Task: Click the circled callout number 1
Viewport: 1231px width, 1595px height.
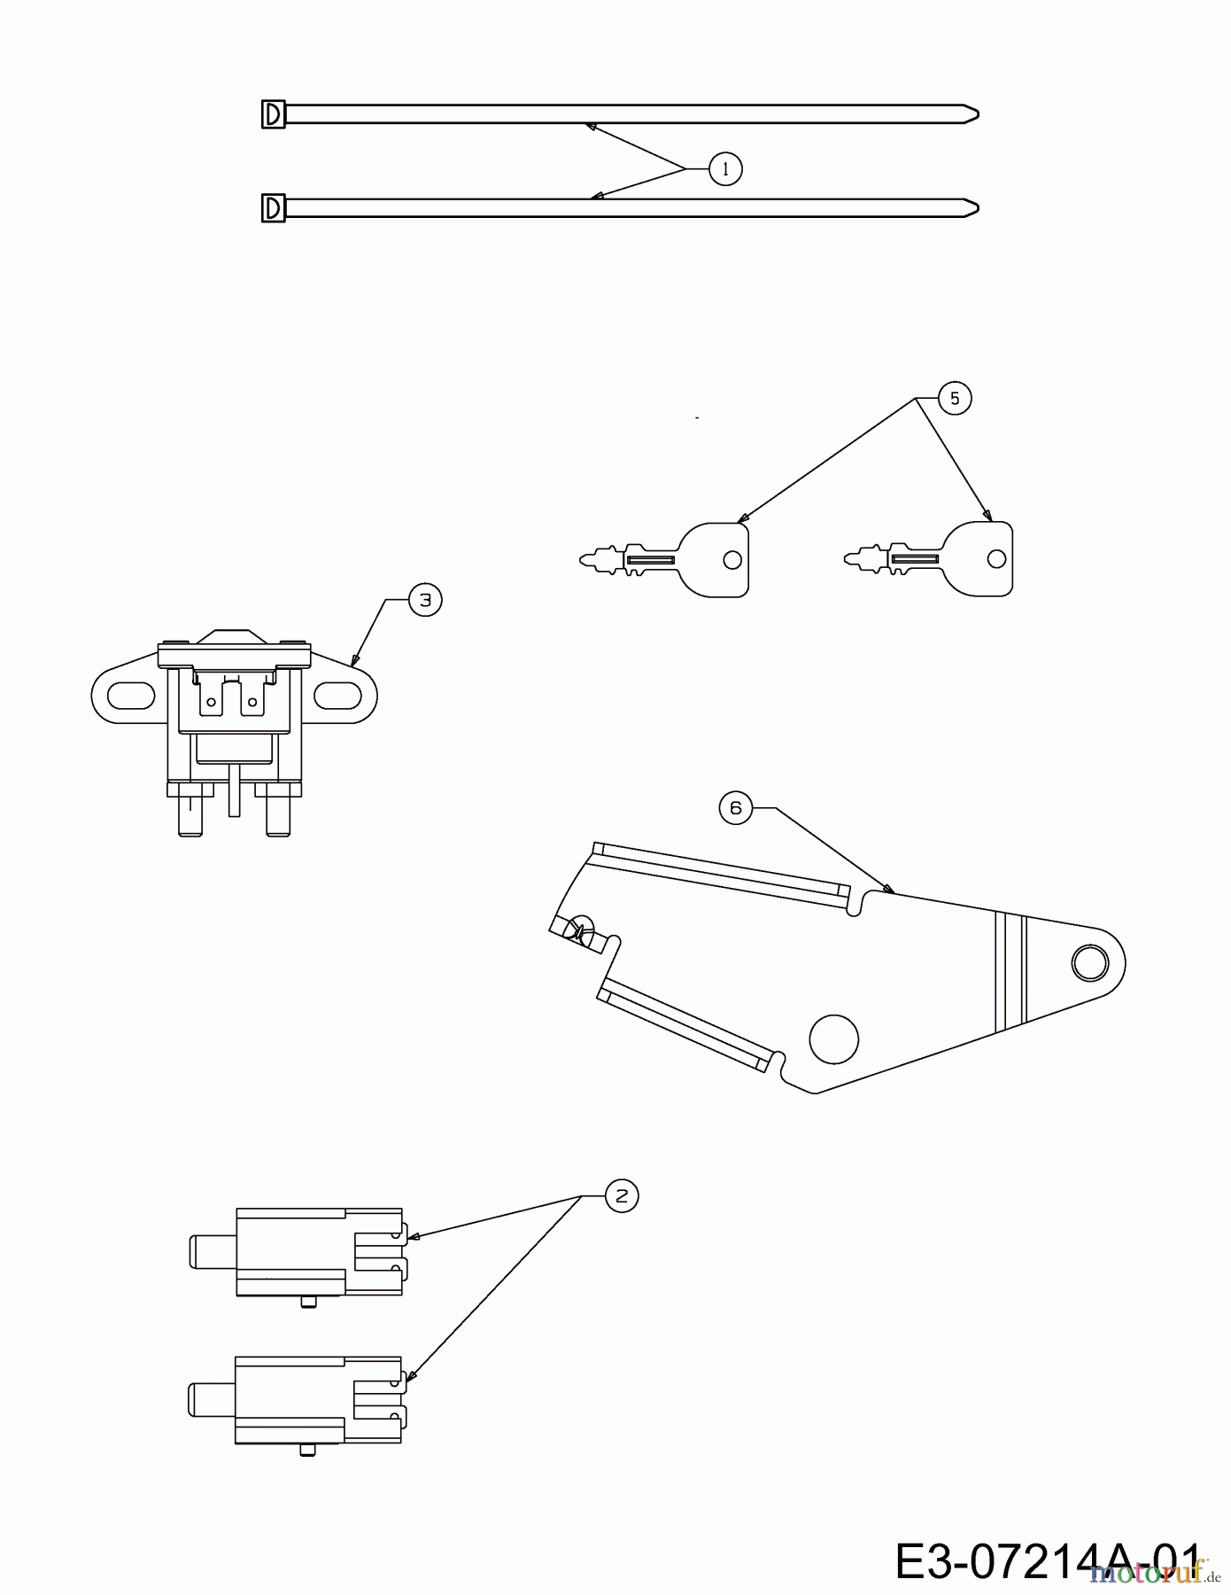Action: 725,168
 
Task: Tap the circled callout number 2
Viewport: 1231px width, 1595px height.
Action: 621,1196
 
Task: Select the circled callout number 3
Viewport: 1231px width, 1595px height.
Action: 425,600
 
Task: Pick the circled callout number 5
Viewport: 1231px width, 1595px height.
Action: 954,399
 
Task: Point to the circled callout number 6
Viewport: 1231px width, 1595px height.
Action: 735,808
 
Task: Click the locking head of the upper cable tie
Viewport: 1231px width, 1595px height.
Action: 274,115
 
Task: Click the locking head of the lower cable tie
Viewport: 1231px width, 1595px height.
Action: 274,208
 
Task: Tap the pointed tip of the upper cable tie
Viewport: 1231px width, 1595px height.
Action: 978,114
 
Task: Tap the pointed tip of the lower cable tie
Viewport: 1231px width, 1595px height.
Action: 978,208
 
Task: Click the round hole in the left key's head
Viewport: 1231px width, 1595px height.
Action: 732,560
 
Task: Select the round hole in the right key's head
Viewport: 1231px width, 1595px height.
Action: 996,559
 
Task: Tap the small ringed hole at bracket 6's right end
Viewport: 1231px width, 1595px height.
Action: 1088,962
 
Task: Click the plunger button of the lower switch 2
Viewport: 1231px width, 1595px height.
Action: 212,1398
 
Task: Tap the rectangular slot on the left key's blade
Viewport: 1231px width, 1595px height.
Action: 651,560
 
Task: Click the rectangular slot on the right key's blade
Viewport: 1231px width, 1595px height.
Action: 915,559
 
